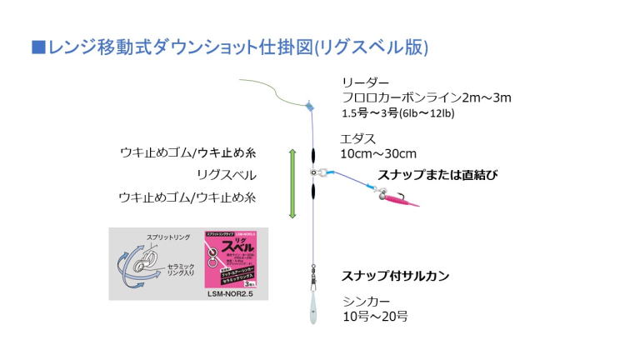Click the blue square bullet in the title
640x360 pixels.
tap(37, 46)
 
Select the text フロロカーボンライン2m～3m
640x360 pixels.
tap(426, 97)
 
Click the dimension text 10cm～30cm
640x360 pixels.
tap(378, 153)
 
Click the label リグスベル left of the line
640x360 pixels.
tap(226, 175)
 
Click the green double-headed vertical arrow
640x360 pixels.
tap(292, 183)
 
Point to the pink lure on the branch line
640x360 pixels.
tap(398, 197)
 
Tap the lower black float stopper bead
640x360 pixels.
tap(313, 191)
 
